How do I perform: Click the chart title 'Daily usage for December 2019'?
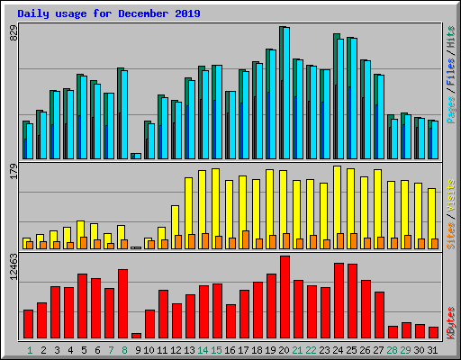[109, 14]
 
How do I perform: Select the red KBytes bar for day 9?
[136, 336]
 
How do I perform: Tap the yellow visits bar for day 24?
[337, 202]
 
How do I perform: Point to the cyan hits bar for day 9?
[137, 156]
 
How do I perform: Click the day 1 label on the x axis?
[30, 349]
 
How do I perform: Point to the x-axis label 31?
[432, 349]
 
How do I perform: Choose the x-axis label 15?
[216, 349]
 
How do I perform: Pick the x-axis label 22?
[311, 349]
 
